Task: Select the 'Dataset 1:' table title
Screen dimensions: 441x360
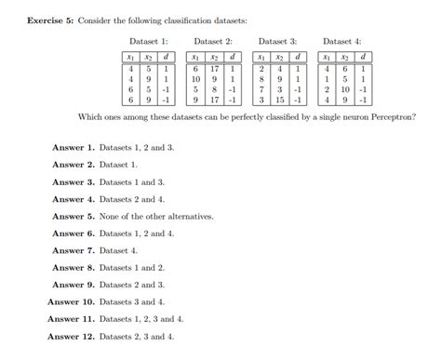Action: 149,41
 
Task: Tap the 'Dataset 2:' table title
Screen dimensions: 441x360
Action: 213,41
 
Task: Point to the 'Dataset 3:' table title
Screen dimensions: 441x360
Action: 277,41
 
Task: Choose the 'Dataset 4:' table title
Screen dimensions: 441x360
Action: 341,41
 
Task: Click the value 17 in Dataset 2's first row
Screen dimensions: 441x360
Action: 213,68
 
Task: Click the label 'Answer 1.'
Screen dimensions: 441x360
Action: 73,147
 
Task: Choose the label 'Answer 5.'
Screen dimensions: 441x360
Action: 73,216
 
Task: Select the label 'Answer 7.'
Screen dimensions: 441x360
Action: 73,250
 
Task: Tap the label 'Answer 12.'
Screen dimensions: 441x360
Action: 72,336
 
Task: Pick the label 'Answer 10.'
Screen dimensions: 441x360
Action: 72,301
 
